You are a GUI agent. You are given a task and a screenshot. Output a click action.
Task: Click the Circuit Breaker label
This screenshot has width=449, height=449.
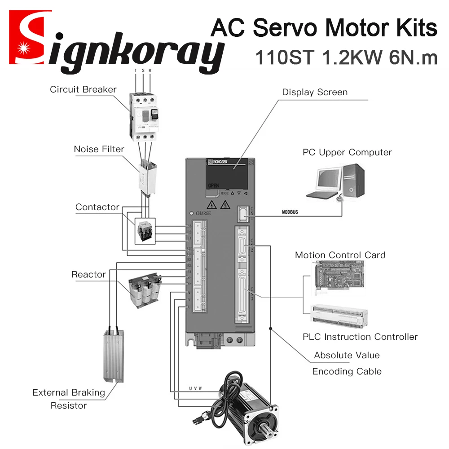tap(83, 89)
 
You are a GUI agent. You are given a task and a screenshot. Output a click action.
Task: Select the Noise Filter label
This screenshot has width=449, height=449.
tap(99, 149)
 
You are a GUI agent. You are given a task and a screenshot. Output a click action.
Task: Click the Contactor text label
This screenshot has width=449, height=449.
tap(97, 207)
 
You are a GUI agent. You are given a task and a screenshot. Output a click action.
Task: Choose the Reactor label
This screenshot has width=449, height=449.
tap(88, 274)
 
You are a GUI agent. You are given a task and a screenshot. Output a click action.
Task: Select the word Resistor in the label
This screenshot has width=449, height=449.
tap(69, 405)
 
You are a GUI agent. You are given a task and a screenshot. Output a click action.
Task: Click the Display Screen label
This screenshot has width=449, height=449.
tap(315, 92)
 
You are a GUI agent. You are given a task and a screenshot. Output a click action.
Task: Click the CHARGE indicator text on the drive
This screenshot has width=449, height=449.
tap(203, 214)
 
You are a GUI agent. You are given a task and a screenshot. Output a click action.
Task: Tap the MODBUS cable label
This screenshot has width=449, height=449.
tap(290, 211)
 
